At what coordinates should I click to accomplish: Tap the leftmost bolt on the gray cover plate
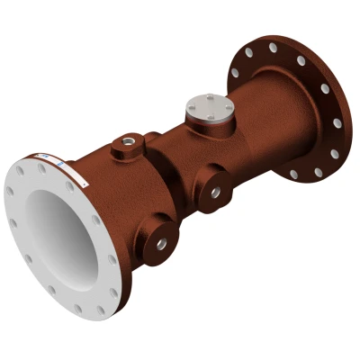click(193, 108)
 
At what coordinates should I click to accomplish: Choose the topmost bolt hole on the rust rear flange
click(273, 46)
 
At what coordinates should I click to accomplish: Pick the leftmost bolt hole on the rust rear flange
click(235, 71)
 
